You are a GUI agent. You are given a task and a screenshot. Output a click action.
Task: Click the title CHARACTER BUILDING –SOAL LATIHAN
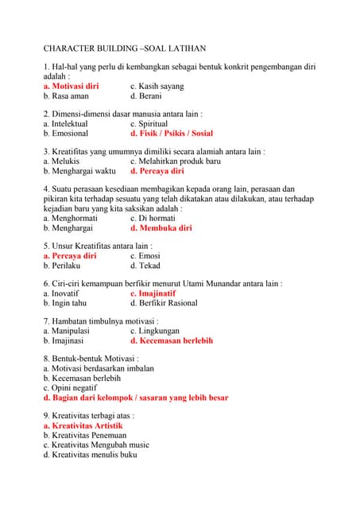124,49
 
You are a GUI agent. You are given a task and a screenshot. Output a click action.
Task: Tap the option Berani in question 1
151,95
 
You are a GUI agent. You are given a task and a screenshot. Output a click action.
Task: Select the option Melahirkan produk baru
176,161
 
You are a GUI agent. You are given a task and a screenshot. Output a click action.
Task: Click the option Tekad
145,266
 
